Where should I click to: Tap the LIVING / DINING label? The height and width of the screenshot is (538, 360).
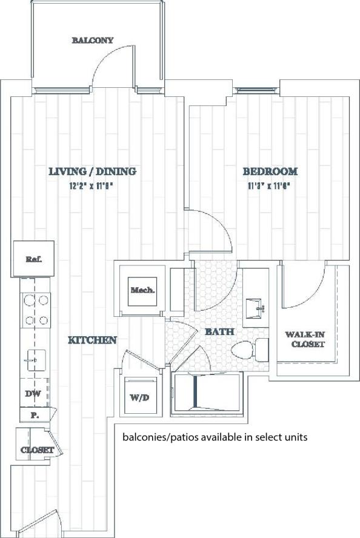[x=92, y=171]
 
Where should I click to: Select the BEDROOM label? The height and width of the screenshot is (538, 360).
[x=270, y=171]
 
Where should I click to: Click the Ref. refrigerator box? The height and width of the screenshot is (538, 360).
[x=33, y=259]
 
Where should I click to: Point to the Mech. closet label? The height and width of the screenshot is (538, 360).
[x=143, y=290]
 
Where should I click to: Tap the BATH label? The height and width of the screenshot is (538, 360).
[x=216, y=332]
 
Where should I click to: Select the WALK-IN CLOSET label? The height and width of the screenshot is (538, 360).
[x=305, y=339]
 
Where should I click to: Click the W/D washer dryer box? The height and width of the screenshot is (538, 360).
[x=140, y=397]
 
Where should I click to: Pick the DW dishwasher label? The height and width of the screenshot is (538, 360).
[x=33, y=394]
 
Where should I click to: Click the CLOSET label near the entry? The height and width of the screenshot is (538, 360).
[x=38, y=450]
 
